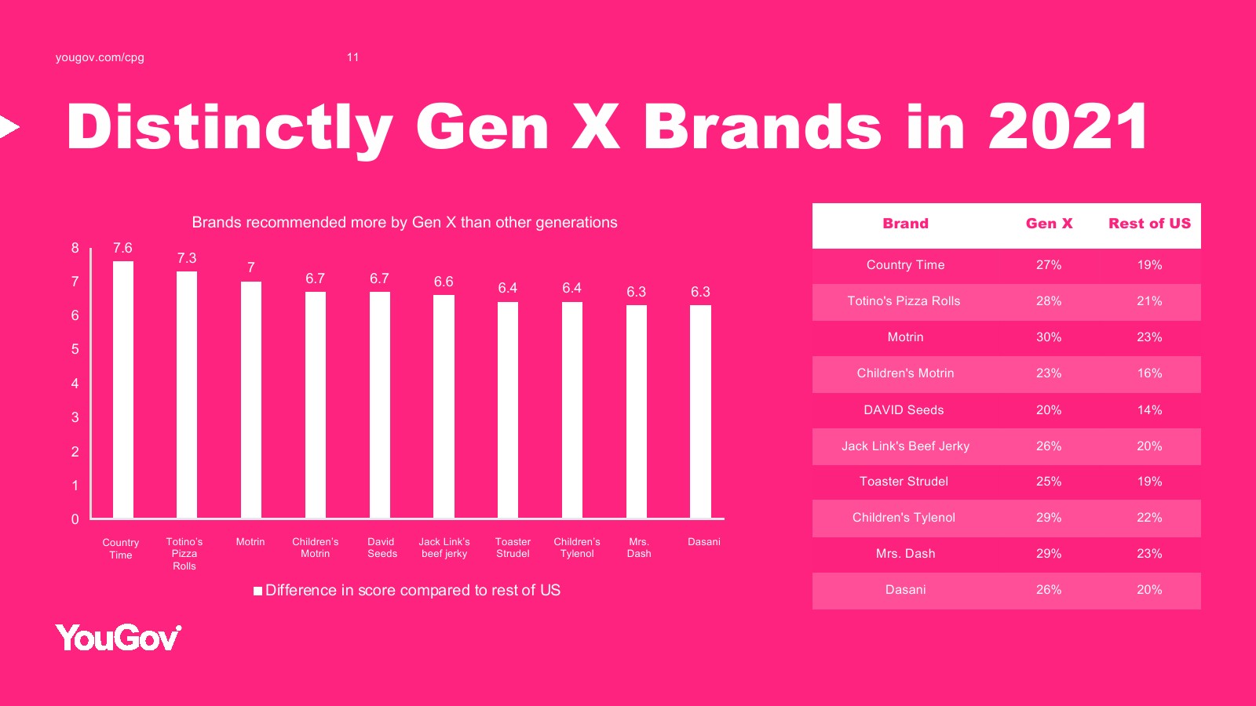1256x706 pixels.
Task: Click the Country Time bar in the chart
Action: click(122, 389)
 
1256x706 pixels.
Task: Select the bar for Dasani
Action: click(700, 412)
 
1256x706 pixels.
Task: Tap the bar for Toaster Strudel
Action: click(507, 410)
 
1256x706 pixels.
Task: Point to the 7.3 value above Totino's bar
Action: click(187, 258)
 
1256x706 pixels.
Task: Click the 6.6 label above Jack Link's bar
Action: click(444, 282)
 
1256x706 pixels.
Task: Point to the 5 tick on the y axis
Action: click(75, 350)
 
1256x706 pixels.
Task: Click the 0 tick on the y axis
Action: click(75, 519)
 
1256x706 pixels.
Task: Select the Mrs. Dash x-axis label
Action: click(639, 548)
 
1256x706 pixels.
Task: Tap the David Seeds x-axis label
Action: click(382, 548)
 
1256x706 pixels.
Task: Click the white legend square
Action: click(258, 591)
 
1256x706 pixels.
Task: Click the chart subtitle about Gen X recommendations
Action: click(404, 223)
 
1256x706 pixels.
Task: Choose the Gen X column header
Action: click(1049, 224)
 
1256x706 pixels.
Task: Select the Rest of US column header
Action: click(1149, 224)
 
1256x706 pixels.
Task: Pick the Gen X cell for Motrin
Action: click(1049, 337)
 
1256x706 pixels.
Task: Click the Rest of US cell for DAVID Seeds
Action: click(1149, 410)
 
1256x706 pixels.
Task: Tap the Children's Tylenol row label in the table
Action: click(904, 518)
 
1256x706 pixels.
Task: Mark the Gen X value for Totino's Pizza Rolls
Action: click(1049, 301)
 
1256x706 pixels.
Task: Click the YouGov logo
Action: click(119, 638)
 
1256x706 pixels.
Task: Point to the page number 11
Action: click(352, 57)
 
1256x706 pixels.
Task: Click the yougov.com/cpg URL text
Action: click(100, 58)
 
